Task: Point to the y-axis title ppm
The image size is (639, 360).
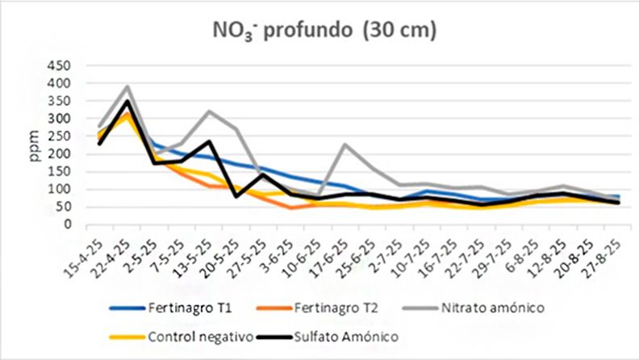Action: tap(35, 144)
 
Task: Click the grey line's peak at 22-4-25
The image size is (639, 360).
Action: tap(127, 86)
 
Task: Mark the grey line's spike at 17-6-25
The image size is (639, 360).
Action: tap(345, 144)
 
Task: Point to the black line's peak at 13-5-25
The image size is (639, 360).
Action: tap(209, 142)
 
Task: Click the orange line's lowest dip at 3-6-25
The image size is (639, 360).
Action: tap(290, 208)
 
